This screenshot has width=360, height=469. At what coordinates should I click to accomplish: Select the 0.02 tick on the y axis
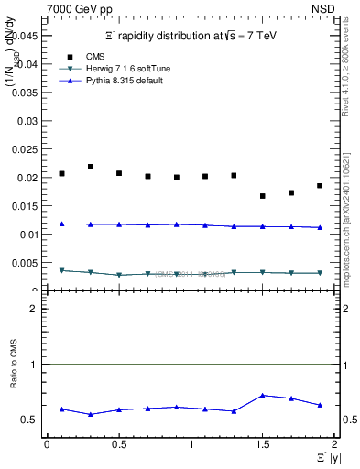click(x=30, y=178)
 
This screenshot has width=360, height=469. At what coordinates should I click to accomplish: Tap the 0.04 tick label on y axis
click(x=30, y=64)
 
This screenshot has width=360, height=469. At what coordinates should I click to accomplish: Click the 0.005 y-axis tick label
click(x=27, y=263)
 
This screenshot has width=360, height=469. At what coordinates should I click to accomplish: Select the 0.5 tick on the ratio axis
click(x=33, y=420)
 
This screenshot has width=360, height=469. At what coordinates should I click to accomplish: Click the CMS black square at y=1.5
click(x=262, y=196)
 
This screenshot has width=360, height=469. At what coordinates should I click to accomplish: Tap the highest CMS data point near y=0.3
click(x=90, y=167)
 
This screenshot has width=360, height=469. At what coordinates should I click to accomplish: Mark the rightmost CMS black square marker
click(x=320, y=186)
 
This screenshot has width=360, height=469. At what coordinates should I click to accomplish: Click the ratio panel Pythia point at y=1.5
click(x=262, y=395)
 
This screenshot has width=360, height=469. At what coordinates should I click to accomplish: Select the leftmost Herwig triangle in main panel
click(x=61, y=270)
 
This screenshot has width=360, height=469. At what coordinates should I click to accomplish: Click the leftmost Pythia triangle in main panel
click(x=61, y=224)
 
